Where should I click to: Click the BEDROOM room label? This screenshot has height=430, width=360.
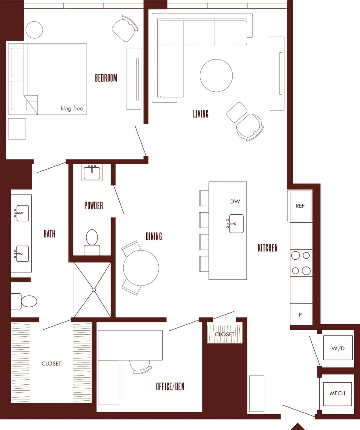pos(106,78)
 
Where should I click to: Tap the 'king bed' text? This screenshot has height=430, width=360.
pos(72,109)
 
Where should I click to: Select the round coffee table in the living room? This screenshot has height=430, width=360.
pos(216,76)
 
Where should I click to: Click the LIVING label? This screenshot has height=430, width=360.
pos(201,114)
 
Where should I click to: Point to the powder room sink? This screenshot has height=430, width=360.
pos(92,172)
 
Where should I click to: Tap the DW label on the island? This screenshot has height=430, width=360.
pos(235,202)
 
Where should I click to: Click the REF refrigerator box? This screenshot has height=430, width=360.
pos(300,206)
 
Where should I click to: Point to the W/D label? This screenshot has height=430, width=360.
pos(338,348)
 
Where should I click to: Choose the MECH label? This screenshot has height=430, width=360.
pos(337,393)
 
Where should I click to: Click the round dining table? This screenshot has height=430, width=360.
pos(141,268)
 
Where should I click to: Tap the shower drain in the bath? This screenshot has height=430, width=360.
pos(94,290)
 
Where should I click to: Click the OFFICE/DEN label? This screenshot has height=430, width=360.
pos(170,387)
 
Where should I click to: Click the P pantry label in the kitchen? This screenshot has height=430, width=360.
pos(300,315)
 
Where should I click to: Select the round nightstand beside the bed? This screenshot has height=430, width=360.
pos(34,30)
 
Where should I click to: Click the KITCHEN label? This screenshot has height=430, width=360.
pos(268,248)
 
